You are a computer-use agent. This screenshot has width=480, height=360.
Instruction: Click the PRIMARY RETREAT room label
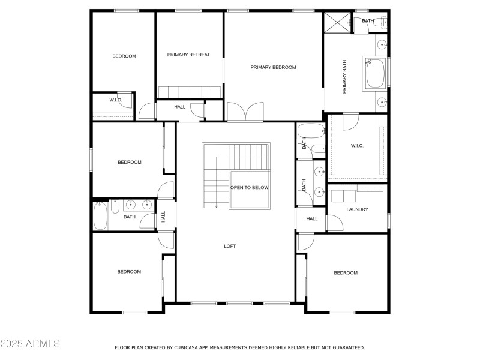click(x=188, y=55)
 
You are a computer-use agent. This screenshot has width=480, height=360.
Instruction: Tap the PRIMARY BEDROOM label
click(x=273, y=67)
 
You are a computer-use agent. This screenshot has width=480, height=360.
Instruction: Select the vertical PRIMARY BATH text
click(x=344, y=80)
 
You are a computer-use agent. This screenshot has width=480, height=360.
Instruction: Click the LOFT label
click(x=230, y=246)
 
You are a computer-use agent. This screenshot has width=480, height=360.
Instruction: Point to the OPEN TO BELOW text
click(x=250, y=188)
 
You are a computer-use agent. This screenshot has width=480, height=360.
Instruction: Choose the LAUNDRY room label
click(x=357, y=209)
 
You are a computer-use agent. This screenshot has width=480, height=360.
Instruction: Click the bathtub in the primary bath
click(x=374, y=74)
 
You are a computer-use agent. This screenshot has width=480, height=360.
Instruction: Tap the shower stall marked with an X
click(x=336, y=23)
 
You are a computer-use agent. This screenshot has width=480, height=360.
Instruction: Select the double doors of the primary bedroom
click(x=245, y=112)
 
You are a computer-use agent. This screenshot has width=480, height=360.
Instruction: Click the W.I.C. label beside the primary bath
click(x=357, y=146)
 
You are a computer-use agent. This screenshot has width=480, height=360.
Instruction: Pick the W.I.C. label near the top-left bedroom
click(x=116, y=100)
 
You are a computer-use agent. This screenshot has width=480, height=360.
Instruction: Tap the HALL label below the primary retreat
click(x=180, y=107)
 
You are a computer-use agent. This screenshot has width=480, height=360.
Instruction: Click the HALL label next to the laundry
click(x=312, y=219)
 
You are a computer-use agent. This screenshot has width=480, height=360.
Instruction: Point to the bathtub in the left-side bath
click(x=100, y=216)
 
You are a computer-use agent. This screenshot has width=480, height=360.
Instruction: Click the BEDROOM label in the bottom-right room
click(x=345, y=273)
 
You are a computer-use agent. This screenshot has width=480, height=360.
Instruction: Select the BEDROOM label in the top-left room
click(x=124, y=56)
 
